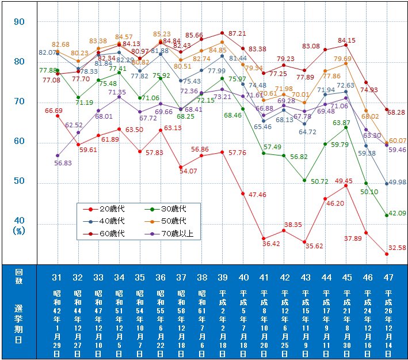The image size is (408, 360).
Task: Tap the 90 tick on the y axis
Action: [x=19, y=22]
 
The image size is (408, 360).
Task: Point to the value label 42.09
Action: [x=396, y=213]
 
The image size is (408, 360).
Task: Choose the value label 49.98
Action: [x=396, y=182]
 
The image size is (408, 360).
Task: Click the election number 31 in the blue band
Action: [x=57, y=278]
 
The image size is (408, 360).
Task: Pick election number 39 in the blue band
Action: [x=222, y=278]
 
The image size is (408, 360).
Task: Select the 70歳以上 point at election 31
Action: [x=57, y=156]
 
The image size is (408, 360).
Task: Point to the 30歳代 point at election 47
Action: [x=387, y=215]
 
